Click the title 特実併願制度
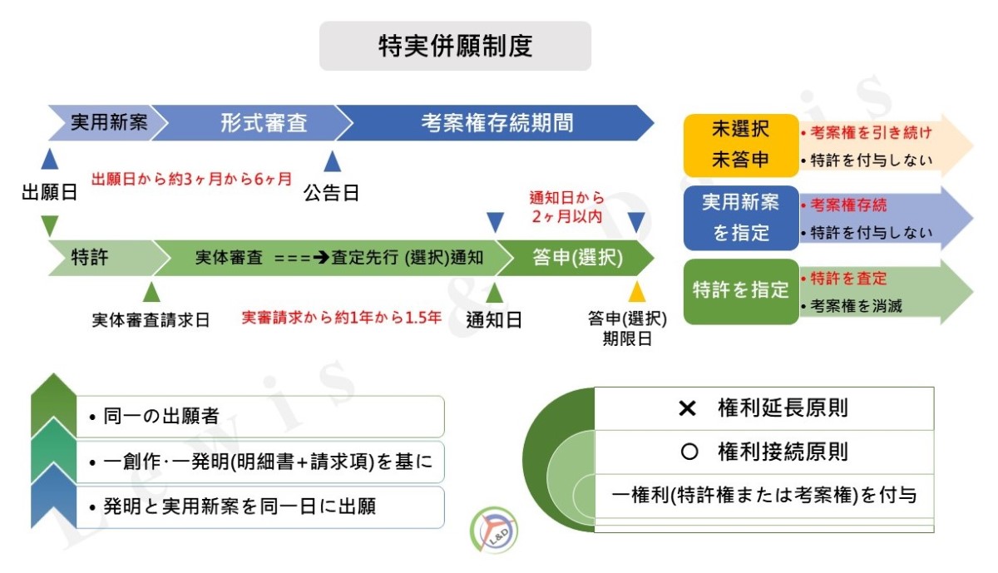click(456, 46)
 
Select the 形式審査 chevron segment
click(259, 123)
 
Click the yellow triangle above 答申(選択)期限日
click(637, 291)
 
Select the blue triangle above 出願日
click(49, 159)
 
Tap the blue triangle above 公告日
click(333, 161)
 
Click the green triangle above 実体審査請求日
click(151, 291)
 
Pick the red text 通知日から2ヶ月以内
click(566, 207)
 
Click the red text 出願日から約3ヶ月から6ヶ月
click(191, 179)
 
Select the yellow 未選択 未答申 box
click(741, 146)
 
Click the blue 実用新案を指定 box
click(741, 218)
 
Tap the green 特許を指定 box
click(741, 291)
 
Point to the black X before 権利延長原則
click(687, 408)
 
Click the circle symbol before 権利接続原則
click(689, 452)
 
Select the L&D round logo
click(494, 530)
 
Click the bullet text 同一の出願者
click(154, 416)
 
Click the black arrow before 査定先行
click(321, 258)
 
